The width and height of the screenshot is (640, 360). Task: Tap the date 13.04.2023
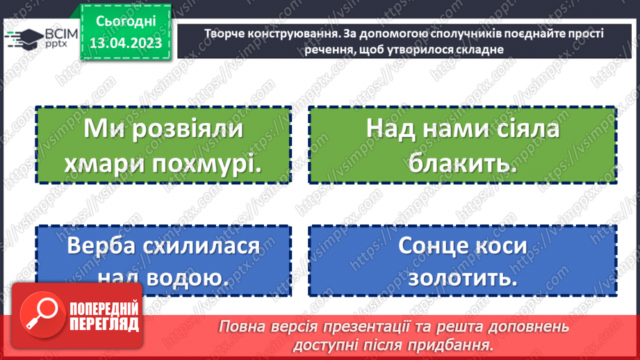point(125,43)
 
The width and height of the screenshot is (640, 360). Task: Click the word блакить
point(463,164)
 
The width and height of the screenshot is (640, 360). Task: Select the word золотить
point(463,278)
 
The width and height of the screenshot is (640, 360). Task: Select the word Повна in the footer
point(240,327)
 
